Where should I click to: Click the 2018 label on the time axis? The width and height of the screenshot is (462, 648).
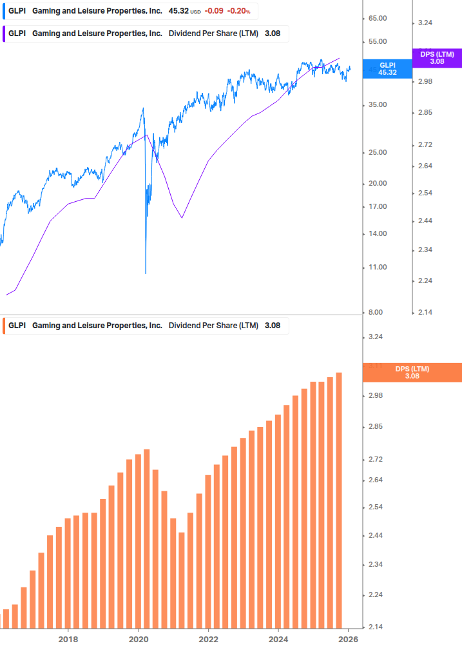(x=68, y=640)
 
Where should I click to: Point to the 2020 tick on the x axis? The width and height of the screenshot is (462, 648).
(x=139, y=640)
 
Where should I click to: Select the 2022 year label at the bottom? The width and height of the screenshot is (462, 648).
(x=208, y=640)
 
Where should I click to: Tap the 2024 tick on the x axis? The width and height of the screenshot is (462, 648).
(x=278, y=640)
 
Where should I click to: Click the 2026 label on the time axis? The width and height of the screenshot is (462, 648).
(x=348, y=640)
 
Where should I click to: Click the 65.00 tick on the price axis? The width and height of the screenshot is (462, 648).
(x=377, y=19)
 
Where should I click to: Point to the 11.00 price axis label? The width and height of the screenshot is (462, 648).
(x=377, y=267)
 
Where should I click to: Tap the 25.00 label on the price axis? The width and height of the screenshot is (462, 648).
(x=377, y=153)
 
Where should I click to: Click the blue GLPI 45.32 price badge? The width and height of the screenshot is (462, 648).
(x=387, y=69)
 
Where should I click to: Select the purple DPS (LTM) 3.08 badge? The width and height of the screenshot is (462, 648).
(x=437, y=58)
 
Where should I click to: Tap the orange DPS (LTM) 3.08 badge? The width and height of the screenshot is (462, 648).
(x=412, y=373)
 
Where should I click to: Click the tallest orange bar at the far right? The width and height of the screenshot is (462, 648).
(x=339, y=500)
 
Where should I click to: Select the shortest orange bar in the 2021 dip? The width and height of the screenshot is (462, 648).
(x=182, y=580)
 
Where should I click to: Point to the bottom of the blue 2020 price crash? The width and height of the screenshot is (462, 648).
(x=146, y=273)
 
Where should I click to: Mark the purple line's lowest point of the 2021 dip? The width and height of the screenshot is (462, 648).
(x=182, y=218)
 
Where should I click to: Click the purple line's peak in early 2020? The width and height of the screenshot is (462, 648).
(x=147, y=134)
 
